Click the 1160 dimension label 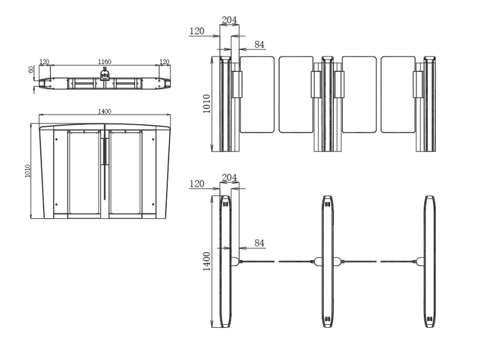tap(105, 61)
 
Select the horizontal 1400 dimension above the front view tap(104, 111)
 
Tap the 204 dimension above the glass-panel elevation tap(229, 20)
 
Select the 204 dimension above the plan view tap(229, 177)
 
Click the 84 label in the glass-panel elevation tap(259, 44)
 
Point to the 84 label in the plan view tap(259, 243)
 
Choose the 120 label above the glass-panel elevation tap(197, 31)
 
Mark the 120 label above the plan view tap(197, 184)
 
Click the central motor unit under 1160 tap(105, 75)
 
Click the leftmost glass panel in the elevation tap(257, 94)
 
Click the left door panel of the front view tap(85, 173)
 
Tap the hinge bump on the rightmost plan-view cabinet tap(420, 261)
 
